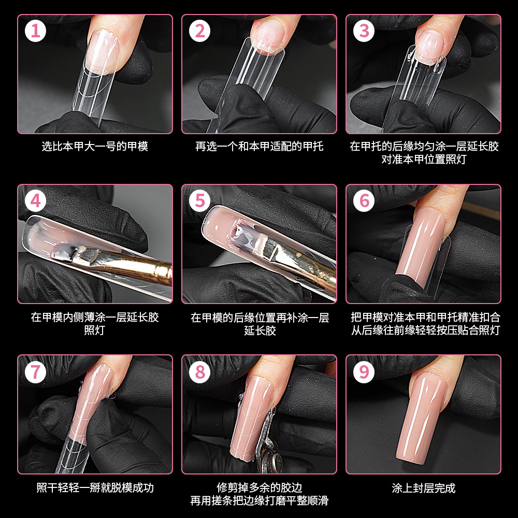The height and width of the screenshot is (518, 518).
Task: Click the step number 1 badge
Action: pyautogui.click(x=35, y=31)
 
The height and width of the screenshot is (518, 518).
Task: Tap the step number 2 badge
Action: pyautogui.click(x=199, y=31)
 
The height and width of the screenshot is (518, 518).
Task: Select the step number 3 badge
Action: pyautogui.click(x=364, y=31)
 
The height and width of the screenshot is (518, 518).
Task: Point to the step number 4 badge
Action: pyautogui.click(x=35, y=201)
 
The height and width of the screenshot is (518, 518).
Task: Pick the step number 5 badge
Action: pyautogui.click(x=199, y=201)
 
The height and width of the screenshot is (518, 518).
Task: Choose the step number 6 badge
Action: pyautogui.click(x=364, y=201)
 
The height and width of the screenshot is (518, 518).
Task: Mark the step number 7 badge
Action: pyautogui.click(x=35, y=372)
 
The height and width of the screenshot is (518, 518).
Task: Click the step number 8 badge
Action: pyautogui.click(x=199, y=372)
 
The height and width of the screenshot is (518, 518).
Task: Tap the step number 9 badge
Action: pyautogui.click(x=364, y=372)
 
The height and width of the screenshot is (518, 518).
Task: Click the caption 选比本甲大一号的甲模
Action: pyautogui.click(x=95, y=147)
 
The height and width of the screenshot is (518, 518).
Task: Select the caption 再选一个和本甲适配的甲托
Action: pyautogui.click(x=260, y=147)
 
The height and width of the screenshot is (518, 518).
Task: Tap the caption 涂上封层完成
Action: pyautogui.click(x=424, y=488)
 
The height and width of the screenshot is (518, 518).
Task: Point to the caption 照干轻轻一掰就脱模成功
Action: pyautogui.click(x=95, y=488)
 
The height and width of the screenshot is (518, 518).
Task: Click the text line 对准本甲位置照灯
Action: pyautogui.click(x=424, y=160)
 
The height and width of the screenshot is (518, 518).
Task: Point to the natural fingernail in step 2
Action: pyautogui.click(x=268, y=36)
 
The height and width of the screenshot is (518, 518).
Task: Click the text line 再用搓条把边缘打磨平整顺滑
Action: pyautogui.click(x=260, y=501)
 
